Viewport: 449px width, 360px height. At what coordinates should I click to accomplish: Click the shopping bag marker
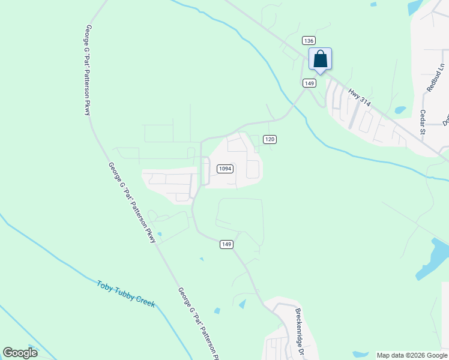pos(320,59)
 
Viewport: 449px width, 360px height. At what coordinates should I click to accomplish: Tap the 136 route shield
pos(309,40)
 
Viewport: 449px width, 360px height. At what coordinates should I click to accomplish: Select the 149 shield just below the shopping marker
pos(309,83)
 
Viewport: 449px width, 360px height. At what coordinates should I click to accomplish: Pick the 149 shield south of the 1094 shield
pos(226,244)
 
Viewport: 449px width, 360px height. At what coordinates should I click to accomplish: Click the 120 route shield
pos(270,139)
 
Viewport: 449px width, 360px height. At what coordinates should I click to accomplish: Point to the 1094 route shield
pos(224,169)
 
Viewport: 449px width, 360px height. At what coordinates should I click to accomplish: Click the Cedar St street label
pos(423,122)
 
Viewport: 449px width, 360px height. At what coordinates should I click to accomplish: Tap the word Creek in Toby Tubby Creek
pos(145,303)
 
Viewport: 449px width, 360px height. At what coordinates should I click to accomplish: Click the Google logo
pos(20,352)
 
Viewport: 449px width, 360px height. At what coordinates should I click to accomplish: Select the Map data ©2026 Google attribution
pos(412,355)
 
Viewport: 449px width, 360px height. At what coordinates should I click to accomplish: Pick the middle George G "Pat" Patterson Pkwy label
pos(131,202)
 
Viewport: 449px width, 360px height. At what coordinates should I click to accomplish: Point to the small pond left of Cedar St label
pos(400,110)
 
